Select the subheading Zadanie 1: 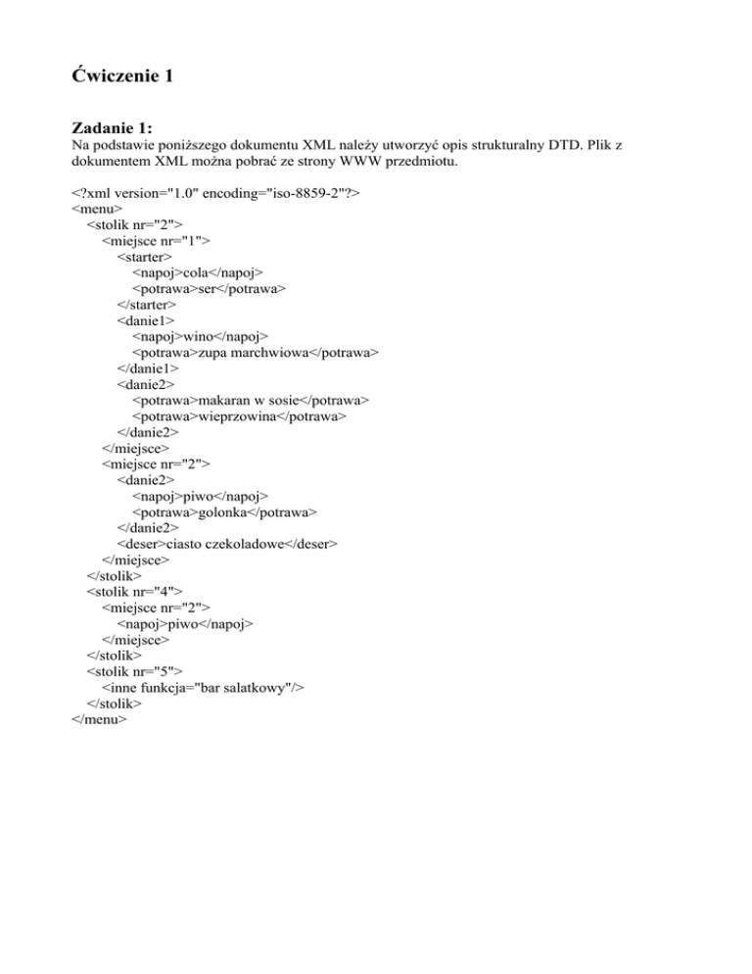(x=113, y=128)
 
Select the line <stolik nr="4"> (x=135, y=591)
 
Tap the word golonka (x=223, y=511)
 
